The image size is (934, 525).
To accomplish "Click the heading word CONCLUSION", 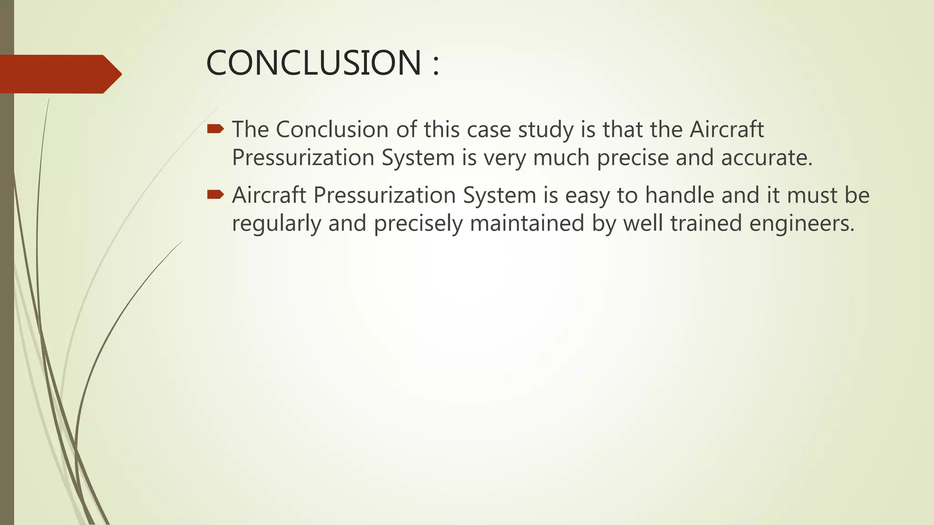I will (x=314, y=63).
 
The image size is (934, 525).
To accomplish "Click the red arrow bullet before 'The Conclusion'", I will (x=215, y=129).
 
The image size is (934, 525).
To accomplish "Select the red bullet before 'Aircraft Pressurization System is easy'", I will (x=215, y=195).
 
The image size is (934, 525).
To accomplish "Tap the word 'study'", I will (x=546, y=130).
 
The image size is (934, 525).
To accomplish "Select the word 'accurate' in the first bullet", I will (x=767, y=158).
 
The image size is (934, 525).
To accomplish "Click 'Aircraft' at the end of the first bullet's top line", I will (x=726, y=129).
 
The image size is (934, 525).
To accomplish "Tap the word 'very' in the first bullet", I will (x=504, y=159).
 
